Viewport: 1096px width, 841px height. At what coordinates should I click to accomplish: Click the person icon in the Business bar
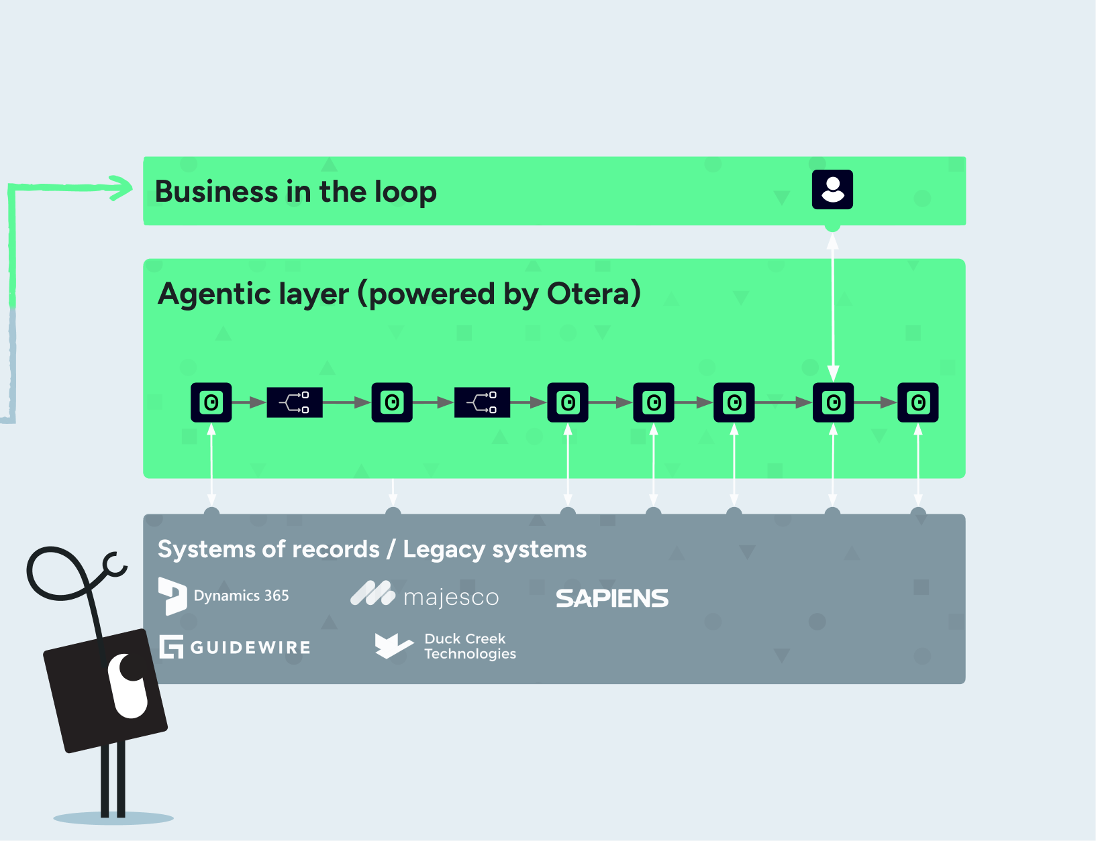(832, 190)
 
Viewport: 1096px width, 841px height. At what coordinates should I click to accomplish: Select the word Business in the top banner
(216, 192)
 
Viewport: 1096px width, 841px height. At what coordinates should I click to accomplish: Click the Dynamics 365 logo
(224, 596)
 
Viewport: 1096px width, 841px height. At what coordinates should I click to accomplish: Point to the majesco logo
(426, 596)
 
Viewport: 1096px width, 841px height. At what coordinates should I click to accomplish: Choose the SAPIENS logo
(611, 598)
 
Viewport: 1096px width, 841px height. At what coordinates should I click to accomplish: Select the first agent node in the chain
(211, 402)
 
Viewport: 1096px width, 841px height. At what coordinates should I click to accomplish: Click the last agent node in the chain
(917, 402)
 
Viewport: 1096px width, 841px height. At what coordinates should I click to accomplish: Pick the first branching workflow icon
(295, 402)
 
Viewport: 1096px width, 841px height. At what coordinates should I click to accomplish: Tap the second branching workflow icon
(482, 402)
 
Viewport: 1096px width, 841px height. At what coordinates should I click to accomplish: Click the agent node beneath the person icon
(833, 402)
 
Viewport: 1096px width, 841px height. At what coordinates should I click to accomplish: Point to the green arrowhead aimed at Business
(122, 188)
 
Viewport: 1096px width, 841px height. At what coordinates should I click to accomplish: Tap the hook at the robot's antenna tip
(115, 565)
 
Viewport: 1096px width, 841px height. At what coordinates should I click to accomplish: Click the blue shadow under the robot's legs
(113, 818)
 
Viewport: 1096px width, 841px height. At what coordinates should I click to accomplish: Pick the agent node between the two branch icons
(392, 402)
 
